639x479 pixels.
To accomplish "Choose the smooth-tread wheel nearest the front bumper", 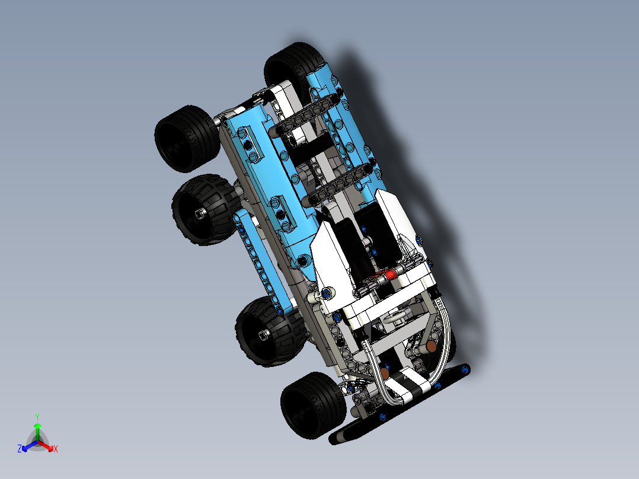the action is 311,405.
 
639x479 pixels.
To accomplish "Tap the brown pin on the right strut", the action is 432,344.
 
